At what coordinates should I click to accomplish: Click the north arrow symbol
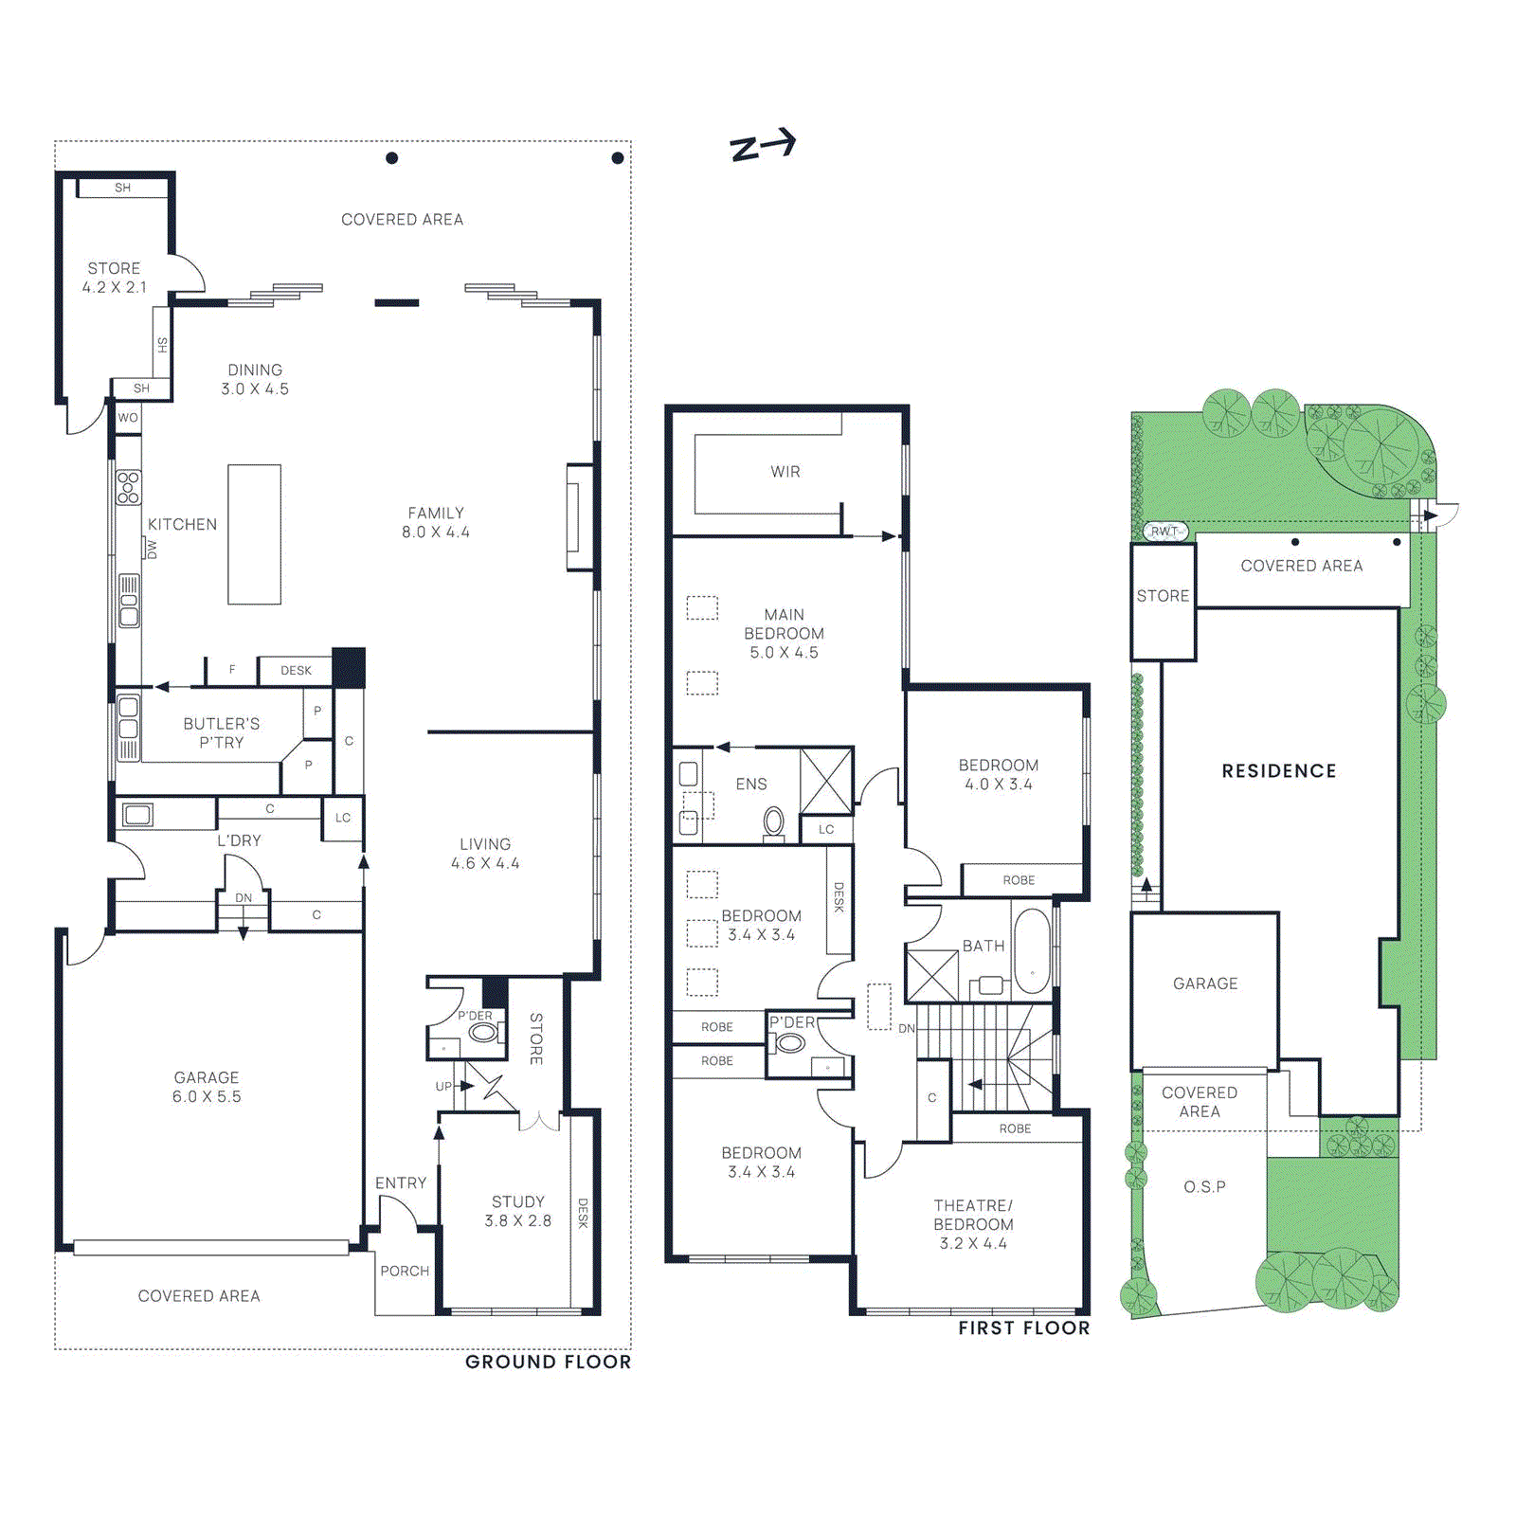point(762,146)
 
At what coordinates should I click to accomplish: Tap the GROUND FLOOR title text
point(548,1362)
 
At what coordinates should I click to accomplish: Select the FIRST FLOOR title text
point(1023,1328)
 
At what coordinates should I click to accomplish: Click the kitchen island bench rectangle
point(254,534)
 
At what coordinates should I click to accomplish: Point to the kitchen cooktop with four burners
point(128,487)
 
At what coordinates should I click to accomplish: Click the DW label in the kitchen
point(151,549)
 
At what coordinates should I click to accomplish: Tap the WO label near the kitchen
point(128,418)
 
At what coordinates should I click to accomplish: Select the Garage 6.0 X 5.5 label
point(207,1087)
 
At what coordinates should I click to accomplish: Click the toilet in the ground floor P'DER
point(483,1032)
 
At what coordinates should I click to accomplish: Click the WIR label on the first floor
point(785,472)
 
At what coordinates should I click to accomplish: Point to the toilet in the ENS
point(774,821)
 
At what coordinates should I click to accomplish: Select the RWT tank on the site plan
point(1164,532)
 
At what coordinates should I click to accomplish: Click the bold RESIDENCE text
point(1279,771)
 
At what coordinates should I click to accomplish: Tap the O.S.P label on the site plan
point(1204,1187)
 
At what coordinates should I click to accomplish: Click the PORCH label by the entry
point(405,1272)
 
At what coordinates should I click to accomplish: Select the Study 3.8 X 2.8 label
point(517,1211)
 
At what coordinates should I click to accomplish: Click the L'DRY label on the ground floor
point(239,840)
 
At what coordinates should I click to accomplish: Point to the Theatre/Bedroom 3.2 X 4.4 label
point(973,1224)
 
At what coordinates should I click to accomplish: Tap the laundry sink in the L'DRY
point(138,814)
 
